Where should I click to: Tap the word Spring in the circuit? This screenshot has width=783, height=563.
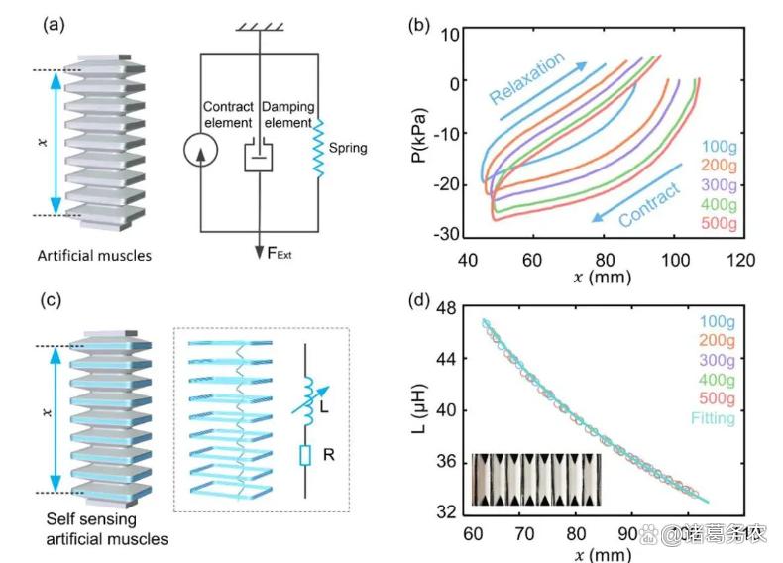click(x=349, y=148)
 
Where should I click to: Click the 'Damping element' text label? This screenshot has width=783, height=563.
click(x=285, y=113)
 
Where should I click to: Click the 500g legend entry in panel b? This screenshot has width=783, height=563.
click(x=715, y=224)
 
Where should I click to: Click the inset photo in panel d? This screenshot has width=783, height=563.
click(x=536, y=479)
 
